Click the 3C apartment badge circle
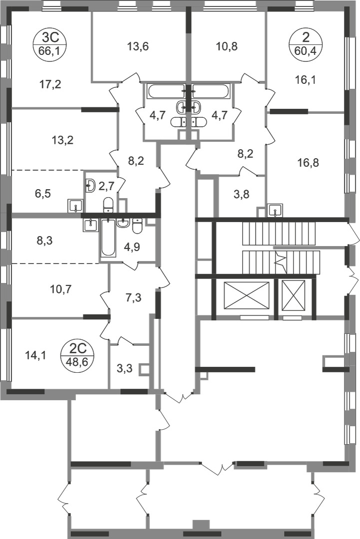pos(46,43)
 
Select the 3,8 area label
pos(242,195)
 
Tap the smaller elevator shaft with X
pos(293,297)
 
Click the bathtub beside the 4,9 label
pos(108,238)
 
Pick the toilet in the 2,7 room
pos(107,205)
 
